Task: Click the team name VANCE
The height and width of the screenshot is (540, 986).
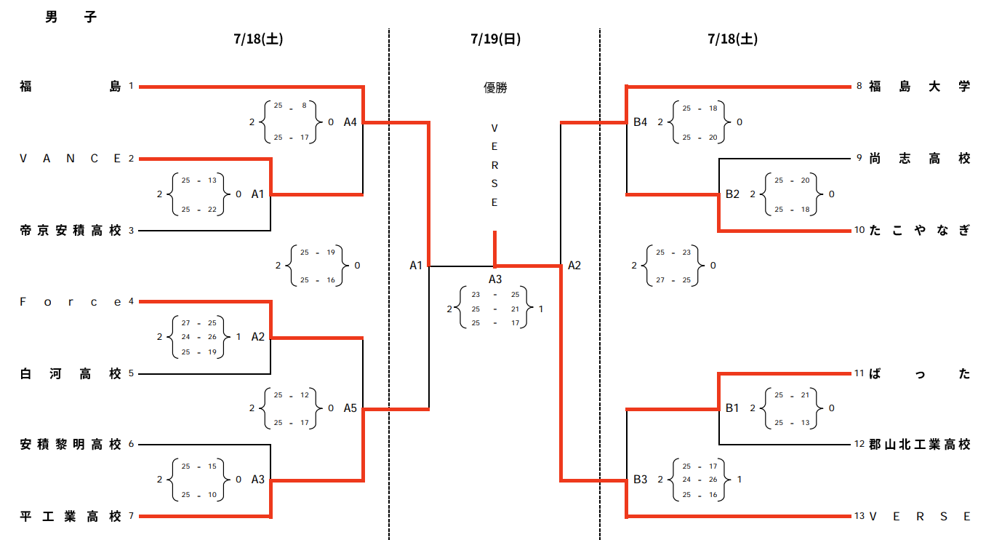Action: [x=70, y=159]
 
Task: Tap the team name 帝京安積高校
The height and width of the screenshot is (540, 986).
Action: [x=71, y=231]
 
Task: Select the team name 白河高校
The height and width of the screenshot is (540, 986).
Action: [x=71, y=374]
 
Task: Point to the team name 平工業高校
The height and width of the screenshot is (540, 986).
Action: [x=71, y=516]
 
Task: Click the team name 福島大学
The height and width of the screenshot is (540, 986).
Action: [x=920, y=87]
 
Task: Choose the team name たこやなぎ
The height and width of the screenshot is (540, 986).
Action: [x=920, y=231]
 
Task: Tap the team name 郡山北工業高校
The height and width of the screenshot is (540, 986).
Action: [x=920, y=445]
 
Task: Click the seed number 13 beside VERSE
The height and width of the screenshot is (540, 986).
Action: [x=859, y=516]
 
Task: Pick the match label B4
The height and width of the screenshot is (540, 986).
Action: [x=640, y=122]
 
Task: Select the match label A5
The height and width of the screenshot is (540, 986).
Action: [x=350, y=408]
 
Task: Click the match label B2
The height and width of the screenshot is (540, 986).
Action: [x=732, y=194]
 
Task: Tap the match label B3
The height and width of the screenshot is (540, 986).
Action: [x=640, y=479]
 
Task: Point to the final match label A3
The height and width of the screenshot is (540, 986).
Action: [x=495, y=279]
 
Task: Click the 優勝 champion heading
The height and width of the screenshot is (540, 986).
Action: [x=495, y=87]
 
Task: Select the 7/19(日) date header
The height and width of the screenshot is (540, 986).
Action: [x=496, y=39]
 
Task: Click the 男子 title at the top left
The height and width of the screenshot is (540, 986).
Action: [x=71, y=17]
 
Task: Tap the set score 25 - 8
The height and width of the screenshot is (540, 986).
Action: [x=291, y=106]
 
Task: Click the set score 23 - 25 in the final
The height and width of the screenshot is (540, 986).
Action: [x=495, y=294]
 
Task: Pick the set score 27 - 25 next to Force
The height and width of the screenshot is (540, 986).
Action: [x=199, y=323]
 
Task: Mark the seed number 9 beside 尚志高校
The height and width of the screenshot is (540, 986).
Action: [x=859, y=158]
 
